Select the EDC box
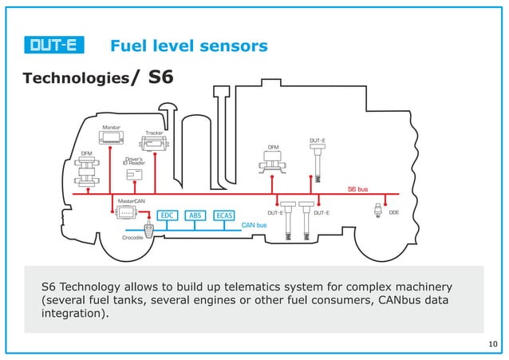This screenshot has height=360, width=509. point(167,215)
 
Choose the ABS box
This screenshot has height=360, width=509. point(195,215)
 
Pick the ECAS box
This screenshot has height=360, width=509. point(224,215)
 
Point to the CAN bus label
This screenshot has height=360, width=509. point(254,225)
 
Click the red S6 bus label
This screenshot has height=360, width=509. point(357,189)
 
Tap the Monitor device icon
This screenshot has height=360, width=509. point(111,140)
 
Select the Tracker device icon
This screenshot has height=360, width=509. point(154,144)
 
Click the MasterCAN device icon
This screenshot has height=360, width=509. point(126,213)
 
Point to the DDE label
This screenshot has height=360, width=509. point(393,212)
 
